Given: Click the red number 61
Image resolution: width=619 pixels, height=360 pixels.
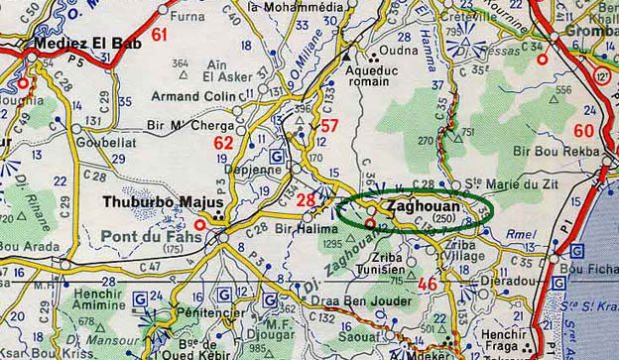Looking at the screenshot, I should [160, 35].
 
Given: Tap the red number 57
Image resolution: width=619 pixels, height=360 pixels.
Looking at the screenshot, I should [329, 126].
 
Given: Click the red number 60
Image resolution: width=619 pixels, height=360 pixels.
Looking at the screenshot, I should [584, 130].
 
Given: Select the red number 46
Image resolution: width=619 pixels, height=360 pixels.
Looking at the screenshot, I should [428, 285].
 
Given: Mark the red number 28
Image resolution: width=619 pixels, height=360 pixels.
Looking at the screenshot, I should [307, 201].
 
